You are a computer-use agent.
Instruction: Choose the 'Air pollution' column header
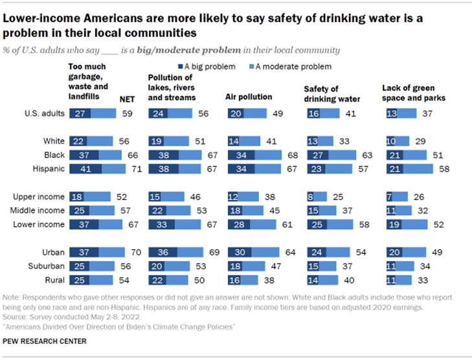click(248, 96)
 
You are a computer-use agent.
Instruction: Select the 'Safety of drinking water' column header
click(327, 93)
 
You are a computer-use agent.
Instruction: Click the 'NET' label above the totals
click(128, 97)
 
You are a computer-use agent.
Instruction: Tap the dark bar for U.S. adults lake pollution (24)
click(159, 113)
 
